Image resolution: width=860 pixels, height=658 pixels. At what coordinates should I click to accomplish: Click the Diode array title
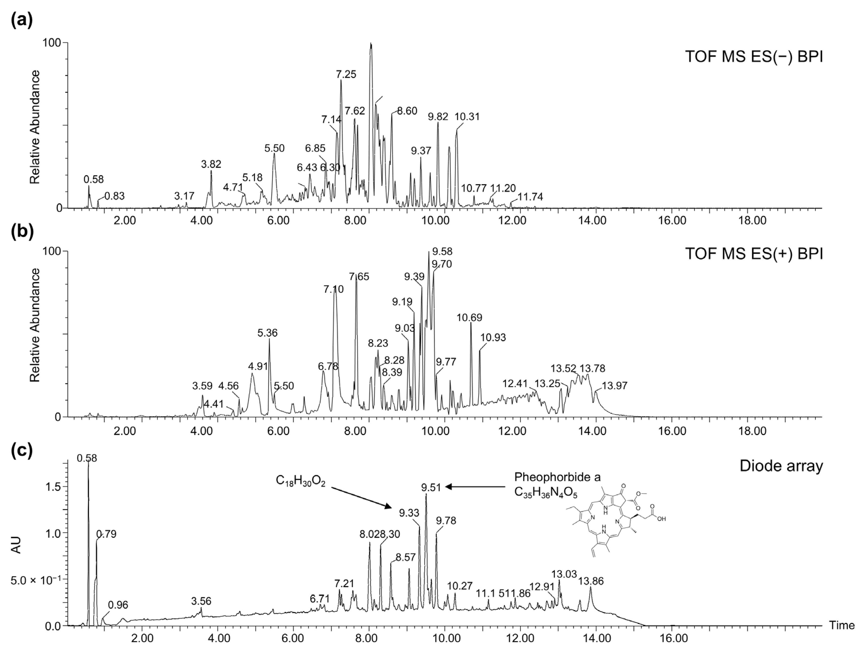click(x=781, y=466)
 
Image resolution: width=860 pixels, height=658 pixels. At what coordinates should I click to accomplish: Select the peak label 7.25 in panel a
click(x=346, y=74)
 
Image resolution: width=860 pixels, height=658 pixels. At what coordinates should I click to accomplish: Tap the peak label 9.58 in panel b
click(x=442, y=252)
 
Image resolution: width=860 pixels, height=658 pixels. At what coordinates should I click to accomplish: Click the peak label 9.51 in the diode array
click(x=431, y=488)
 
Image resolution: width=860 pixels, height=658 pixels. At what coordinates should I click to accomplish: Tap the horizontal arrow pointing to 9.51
click(x=476, y=487)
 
